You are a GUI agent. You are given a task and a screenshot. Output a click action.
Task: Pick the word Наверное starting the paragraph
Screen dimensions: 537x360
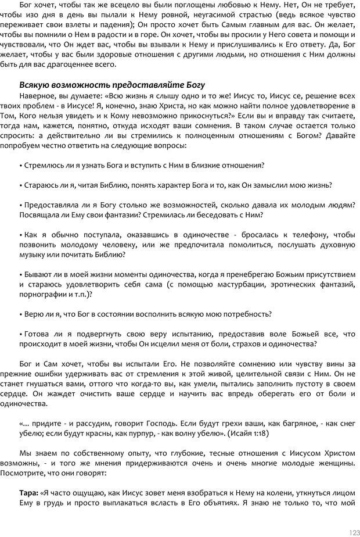(x=38, y=95)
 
